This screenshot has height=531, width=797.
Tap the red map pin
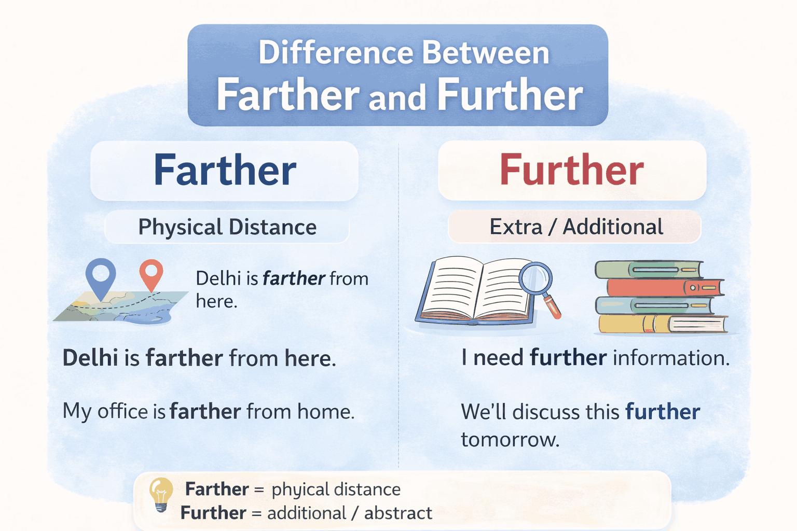(151, 273)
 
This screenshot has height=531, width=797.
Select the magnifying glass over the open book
(537, 280)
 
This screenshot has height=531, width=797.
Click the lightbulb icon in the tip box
(161, 494)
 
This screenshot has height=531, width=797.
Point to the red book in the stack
(664, 287)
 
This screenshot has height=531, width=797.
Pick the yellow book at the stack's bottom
(662, 324)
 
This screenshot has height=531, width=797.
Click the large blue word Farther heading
(225, 171)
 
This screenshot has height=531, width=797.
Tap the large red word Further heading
(571, 171)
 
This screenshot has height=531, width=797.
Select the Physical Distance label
(227, 227)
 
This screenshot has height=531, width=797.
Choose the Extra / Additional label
(576, 227)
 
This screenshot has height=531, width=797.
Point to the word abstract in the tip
(398, 513)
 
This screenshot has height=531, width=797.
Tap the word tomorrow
(510, 440)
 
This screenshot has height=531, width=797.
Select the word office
(122, 411)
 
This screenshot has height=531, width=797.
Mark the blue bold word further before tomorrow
(663, 412)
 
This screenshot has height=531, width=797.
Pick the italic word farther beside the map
(294, 278)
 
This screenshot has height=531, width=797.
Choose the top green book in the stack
(649, 270)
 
